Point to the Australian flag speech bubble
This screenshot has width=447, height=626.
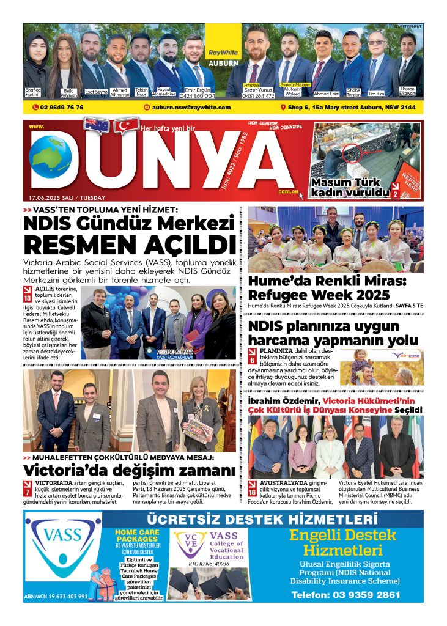97,125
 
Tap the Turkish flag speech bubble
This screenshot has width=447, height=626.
128,126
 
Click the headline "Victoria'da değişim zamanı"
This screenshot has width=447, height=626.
129,471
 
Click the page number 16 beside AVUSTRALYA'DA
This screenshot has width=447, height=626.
253,490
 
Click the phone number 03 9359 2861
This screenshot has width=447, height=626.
346,595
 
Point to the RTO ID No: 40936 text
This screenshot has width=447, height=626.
209,563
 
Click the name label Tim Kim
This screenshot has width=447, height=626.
376,94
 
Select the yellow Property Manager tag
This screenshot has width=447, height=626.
296,84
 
